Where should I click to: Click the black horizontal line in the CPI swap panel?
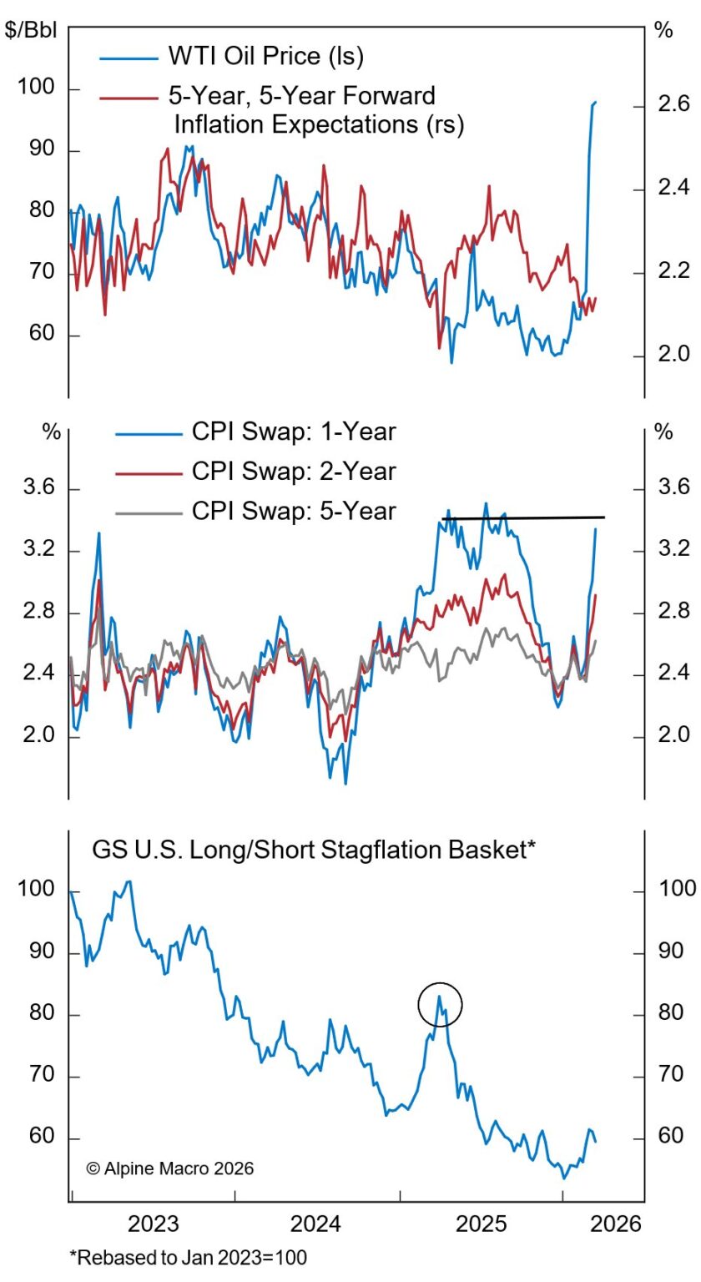(x=522, y=518)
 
